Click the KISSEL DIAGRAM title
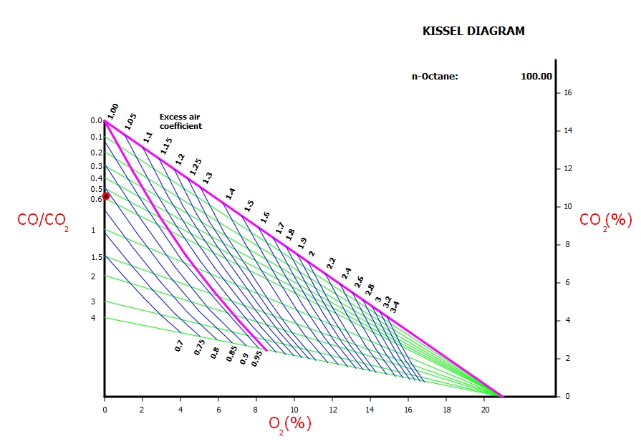click(x=473, y=32)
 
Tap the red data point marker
click(x=106, y=196)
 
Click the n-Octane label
click(x=434, y=77)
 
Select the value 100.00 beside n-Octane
click(x=536, y=77)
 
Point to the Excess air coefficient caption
click(x=180, y=121)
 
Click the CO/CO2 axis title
click(x=43, y=221)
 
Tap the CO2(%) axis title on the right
click(x=605, y=220)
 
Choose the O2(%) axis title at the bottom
click(x=290, y=423)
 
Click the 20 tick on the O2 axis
click(x=485, y=410)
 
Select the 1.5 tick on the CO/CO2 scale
click(x=97, y=257)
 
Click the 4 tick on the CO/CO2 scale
click(x=92, y=318)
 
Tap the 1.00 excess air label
click(x=113, y=110)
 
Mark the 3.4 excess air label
click(x=394, y=307)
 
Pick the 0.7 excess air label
click(x=179, y=346)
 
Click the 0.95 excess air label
click(x=256, y=359)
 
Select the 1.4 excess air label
click(x=230, y=193)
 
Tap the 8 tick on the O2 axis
click(x=256, y=410)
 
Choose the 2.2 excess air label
click(x=331, y=263)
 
